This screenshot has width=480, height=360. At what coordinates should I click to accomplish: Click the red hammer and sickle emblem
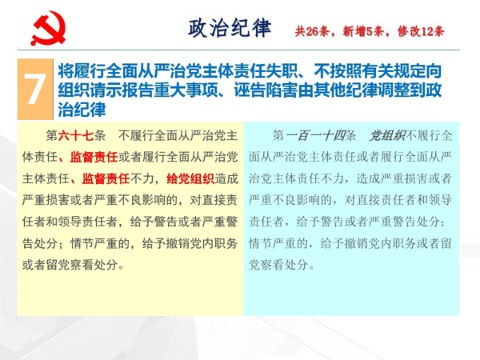coord(48,28)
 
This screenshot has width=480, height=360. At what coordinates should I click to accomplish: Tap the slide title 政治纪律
coord(230,28)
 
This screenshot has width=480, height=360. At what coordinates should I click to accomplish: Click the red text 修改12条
coord(421,31)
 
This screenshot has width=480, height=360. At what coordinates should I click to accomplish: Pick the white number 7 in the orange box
coord(35,89)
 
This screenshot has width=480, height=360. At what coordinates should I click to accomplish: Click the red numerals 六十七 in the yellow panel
coord(76,135)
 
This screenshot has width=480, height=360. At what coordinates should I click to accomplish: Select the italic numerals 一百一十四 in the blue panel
coord(316,135)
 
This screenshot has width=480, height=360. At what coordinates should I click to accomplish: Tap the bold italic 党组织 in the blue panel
coord(387,135)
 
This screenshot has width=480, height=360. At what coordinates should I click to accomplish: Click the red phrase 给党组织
coord(190,178)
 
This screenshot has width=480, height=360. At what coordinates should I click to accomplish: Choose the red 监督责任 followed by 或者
coord(94,157)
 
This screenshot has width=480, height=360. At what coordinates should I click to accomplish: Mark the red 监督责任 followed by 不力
coord(106,178)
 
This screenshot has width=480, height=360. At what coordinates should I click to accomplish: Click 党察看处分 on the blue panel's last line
coord(278,265)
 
